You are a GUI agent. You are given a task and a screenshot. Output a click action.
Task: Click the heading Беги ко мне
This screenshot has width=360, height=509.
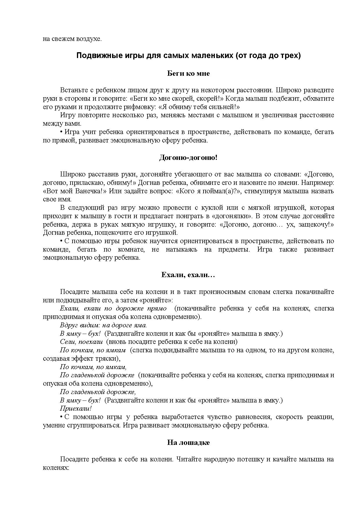coord(188,73)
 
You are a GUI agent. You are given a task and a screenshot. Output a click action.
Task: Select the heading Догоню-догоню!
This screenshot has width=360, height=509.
coord(188,158)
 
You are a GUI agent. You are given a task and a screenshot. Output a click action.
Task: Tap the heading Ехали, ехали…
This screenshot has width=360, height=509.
coord(188,275)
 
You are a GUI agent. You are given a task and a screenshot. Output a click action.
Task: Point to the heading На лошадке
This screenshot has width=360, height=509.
coord(188,443)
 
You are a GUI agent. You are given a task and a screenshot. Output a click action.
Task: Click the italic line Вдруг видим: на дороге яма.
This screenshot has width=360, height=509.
coord(103,325)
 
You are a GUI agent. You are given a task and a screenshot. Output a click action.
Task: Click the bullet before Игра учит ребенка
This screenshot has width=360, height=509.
coord(62,132)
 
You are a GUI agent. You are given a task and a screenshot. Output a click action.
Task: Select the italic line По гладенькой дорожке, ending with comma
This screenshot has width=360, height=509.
coord(98,392)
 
